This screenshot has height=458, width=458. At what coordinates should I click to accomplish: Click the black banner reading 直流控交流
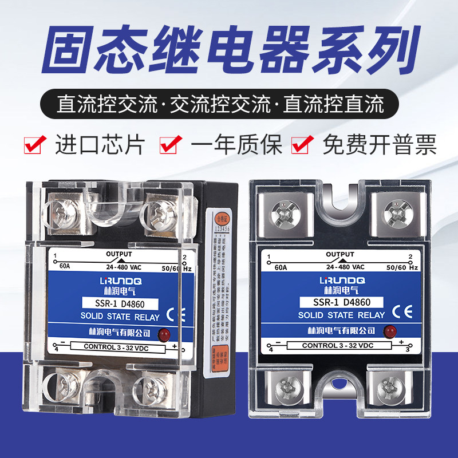click(x=229, y=106)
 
